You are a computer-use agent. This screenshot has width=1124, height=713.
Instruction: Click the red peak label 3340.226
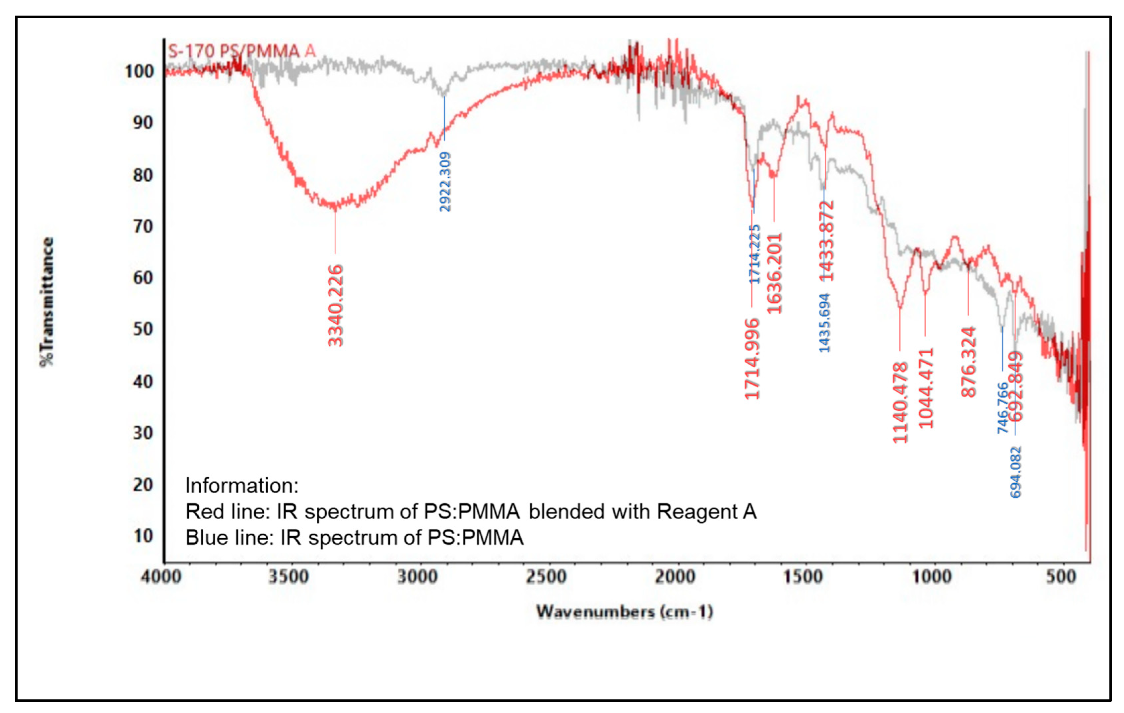click(x=336, y=306)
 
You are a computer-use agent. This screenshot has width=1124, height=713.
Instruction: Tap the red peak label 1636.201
click(x=774, y=273)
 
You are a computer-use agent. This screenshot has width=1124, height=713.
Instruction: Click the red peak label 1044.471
click(x=926, y=388)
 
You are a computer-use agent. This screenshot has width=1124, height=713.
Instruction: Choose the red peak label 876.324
click(x=968, y=362)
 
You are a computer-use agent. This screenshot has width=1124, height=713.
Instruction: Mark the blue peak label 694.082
click(x=1016, y=472)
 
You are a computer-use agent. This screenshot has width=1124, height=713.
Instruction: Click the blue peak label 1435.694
click(x=825, y=323)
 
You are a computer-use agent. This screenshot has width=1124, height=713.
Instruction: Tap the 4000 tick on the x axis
click(x=161, y=577)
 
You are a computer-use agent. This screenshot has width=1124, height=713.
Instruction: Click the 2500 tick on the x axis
click(x=546, y=577)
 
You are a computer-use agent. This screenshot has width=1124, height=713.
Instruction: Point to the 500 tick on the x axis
click(x=1061, y=577)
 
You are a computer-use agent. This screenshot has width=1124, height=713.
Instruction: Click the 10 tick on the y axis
click(x=143, y=536)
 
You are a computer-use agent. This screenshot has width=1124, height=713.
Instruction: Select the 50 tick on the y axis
click(x=143, y=329)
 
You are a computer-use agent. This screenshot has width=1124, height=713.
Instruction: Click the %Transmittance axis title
click(x=47, y=302)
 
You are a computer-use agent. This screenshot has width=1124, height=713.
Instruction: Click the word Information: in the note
click(x=242, y=486)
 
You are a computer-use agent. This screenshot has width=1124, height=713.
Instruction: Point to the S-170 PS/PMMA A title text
click(x=242, y=51)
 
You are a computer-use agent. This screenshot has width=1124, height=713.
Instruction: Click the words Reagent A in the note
click(x=707, y=512)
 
